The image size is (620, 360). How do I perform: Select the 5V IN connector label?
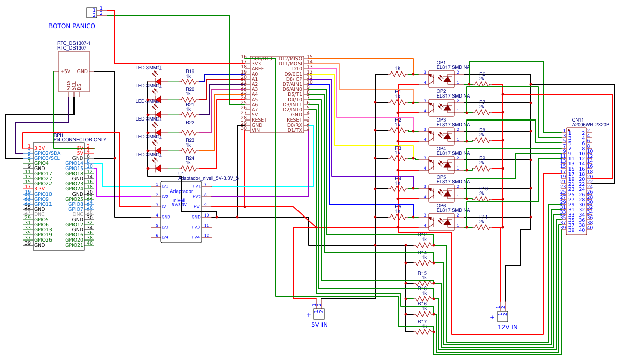(319, 324)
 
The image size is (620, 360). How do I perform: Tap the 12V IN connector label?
(507, 327)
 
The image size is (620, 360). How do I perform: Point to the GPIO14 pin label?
(74, 163)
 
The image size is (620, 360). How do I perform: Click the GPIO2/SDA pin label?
(47, 153)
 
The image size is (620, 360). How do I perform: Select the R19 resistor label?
(190, 72)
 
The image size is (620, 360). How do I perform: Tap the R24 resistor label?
(190, 158)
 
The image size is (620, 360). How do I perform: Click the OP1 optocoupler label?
(441, 63)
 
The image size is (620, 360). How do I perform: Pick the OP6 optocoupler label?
(441, 205)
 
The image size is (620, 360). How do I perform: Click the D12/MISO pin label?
(290, 59)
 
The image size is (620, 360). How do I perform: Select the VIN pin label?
(255, 130)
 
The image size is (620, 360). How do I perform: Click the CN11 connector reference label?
(578, 119)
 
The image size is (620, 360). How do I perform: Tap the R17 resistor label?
(421, 322)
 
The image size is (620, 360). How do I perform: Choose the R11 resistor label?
(483, 217)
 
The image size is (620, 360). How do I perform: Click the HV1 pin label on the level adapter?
(196, 186)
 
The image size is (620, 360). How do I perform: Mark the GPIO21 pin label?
(74, 245)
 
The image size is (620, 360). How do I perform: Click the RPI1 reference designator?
(59, 135)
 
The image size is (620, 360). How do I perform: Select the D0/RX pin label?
(294, 125)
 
